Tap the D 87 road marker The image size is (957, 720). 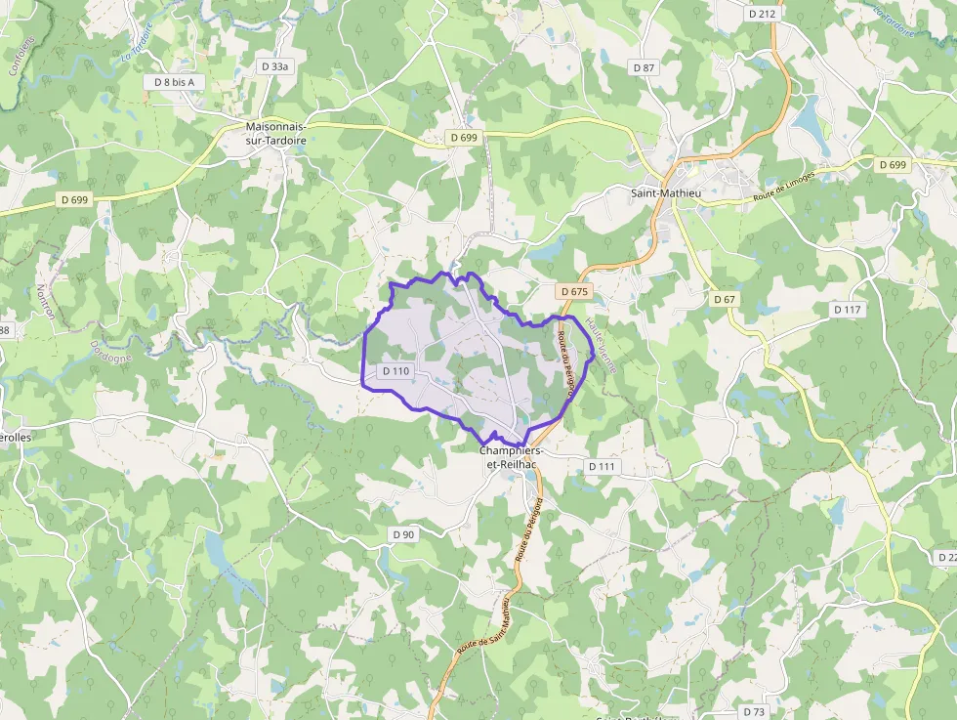coord(644,67)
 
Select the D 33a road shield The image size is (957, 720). coord(275,66)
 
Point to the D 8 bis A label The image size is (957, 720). coord(175,82)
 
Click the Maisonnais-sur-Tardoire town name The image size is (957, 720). coord(276,134)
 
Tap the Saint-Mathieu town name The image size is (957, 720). coord(667,193)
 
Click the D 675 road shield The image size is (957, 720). coord(575,291)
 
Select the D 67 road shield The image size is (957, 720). coord(724,299)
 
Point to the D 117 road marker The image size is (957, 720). coord(848,310)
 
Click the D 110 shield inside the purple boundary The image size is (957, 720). coord(395,371)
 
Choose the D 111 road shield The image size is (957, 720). coord(603,467)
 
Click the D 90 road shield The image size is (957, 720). coord(402,534)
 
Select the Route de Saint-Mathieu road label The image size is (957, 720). coord(482,625)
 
